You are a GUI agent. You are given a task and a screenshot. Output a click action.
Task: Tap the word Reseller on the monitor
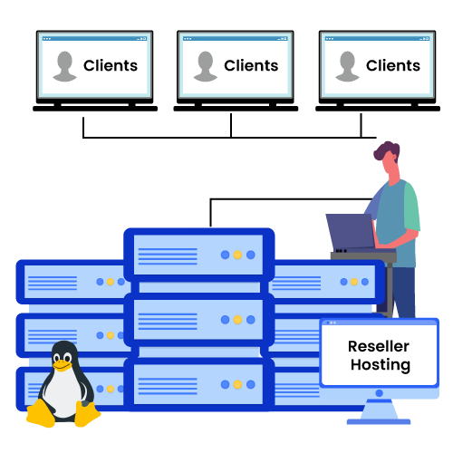point(379,347)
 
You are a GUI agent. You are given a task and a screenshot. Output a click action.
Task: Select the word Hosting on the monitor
point(379,366)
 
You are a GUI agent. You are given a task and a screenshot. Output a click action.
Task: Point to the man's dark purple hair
point(387,151)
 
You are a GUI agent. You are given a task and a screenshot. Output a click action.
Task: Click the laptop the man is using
point(349,232)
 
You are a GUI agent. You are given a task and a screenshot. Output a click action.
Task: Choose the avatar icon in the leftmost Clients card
point(64,66)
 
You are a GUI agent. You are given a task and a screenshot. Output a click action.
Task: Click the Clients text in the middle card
point(251,65)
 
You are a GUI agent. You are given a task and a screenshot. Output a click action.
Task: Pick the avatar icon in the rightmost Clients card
point(347,66)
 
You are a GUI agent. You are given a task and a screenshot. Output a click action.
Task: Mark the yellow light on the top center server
point(237,255)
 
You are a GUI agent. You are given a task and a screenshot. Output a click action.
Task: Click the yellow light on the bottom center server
point(237,384)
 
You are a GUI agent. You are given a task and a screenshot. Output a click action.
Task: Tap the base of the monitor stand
point(379,419)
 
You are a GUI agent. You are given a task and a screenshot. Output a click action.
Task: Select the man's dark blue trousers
point(403,290)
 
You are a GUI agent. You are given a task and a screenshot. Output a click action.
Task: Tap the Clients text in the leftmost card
point(111,65)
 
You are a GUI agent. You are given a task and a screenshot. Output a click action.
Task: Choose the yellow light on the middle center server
point(237,320)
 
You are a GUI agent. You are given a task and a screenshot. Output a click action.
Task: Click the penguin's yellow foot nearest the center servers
point(87,416)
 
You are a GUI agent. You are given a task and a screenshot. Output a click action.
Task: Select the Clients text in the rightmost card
point(393,65)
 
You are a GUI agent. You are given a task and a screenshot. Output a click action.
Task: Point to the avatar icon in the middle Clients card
point(206,66)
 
